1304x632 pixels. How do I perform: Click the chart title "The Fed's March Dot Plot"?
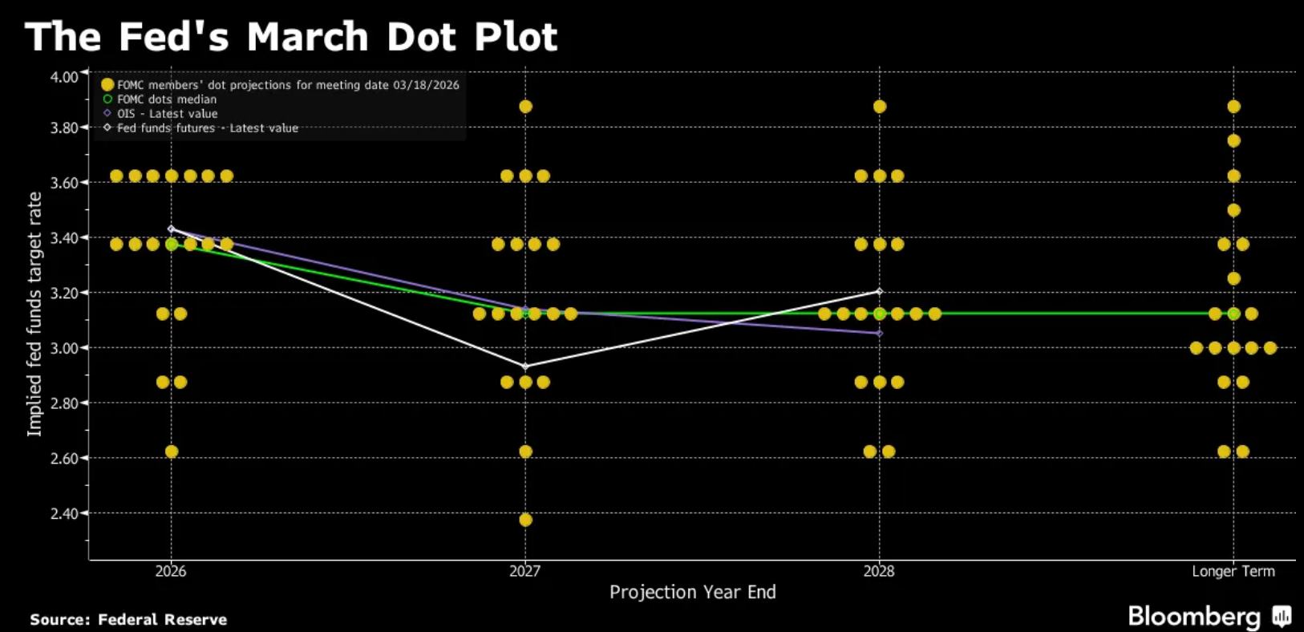pyautogui.click(x=291, y=37)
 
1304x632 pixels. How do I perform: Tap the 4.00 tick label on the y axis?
pyautogui.click(x=64, y=77)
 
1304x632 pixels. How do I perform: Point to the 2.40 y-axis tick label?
pyautogui.click(x=64, y=513)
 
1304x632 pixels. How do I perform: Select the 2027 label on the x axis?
pyautogui.click(x=525, y=571)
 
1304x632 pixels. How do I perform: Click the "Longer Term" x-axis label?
pyautogui.click(x=1233, y=571)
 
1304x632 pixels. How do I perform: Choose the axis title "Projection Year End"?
pyautogui.click(x=693, y=592)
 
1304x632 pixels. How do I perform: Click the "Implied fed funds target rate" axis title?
pyautogui.click(x=34, y=314)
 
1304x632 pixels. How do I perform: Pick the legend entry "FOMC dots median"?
pyautogui.click(x=167, y=99)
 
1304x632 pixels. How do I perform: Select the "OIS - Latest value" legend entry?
pyautogui.click(x=167, y=114)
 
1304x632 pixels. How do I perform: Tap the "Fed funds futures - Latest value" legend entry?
pyautogui.click(x=207, y=128)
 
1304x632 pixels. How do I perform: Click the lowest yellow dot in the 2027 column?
pyautogui.click(x=525, y=520)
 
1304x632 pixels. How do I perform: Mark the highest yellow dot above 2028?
pyautogui.click(x=880, y=107)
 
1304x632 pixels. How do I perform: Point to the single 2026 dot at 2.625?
pyautogui.click(x=171, y=452)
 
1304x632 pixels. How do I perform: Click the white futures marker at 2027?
pyautogui.click(x=525, y=367)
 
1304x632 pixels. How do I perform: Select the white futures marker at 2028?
pyautogui.click(x=880, y=292)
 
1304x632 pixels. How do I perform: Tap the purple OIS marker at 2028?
pyautogui.click(x=880, y=333)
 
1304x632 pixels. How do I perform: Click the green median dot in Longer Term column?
pyautogui.click(x=1233, y=314)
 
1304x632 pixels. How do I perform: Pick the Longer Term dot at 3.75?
pyautogui.click(x=1233, y=141)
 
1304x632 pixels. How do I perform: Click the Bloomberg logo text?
pyautogui.click(x=1194, y=616)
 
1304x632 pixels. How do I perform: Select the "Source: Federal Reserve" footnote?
pyautogui.click(x=128, y=619)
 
